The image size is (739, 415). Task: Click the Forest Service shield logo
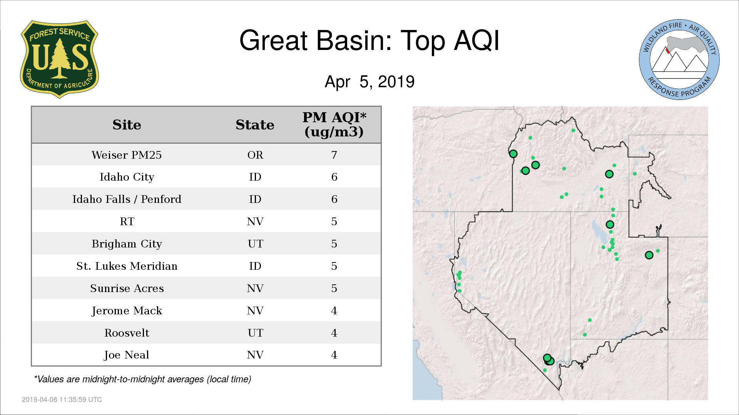click(x=59, y=59)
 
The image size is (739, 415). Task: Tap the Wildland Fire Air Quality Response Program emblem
click(x=679, y=60)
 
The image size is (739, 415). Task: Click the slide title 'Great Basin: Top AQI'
click(x=369, y=40)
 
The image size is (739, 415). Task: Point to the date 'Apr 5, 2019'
click(x=369, y=81)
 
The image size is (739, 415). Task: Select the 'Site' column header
click(x=127, y=125)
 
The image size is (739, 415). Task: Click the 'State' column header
click(x=255, y=125)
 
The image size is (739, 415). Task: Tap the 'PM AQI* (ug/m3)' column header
click(x=334, y=124)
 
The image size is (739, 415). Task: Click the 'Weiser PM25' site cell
click(x=127, y=155)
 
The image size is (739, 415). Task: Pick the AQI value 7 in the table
click(x=334, y=155)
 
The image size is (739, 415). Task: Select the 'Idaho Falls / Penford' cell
click(x=127, y=199)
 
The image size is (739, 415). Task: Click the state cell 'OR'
click(x=255, y=155)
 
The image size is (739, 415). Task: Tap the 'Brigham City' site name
click(x=127, y=244)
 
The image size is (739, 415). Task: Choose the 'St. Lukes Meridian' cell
click(x=127, y=266)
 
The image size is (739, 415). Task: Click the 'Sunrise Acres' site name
click(x=127, y=288)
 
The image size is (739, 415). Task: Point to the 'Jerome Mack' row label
click(x=127, y=310)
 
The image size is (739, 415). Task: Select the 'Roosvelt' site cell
click(x=127, y=333)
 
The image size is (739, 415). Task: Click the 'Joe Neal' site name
click(x=127, y=355)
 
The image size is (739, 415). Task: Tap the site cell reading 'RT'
click(x=127, y=221)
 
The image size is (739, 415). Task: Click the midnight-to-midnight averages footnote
click(x=142, y=379)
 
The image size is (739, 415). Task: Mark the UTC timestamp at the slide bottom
click(x=62, y=400)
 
